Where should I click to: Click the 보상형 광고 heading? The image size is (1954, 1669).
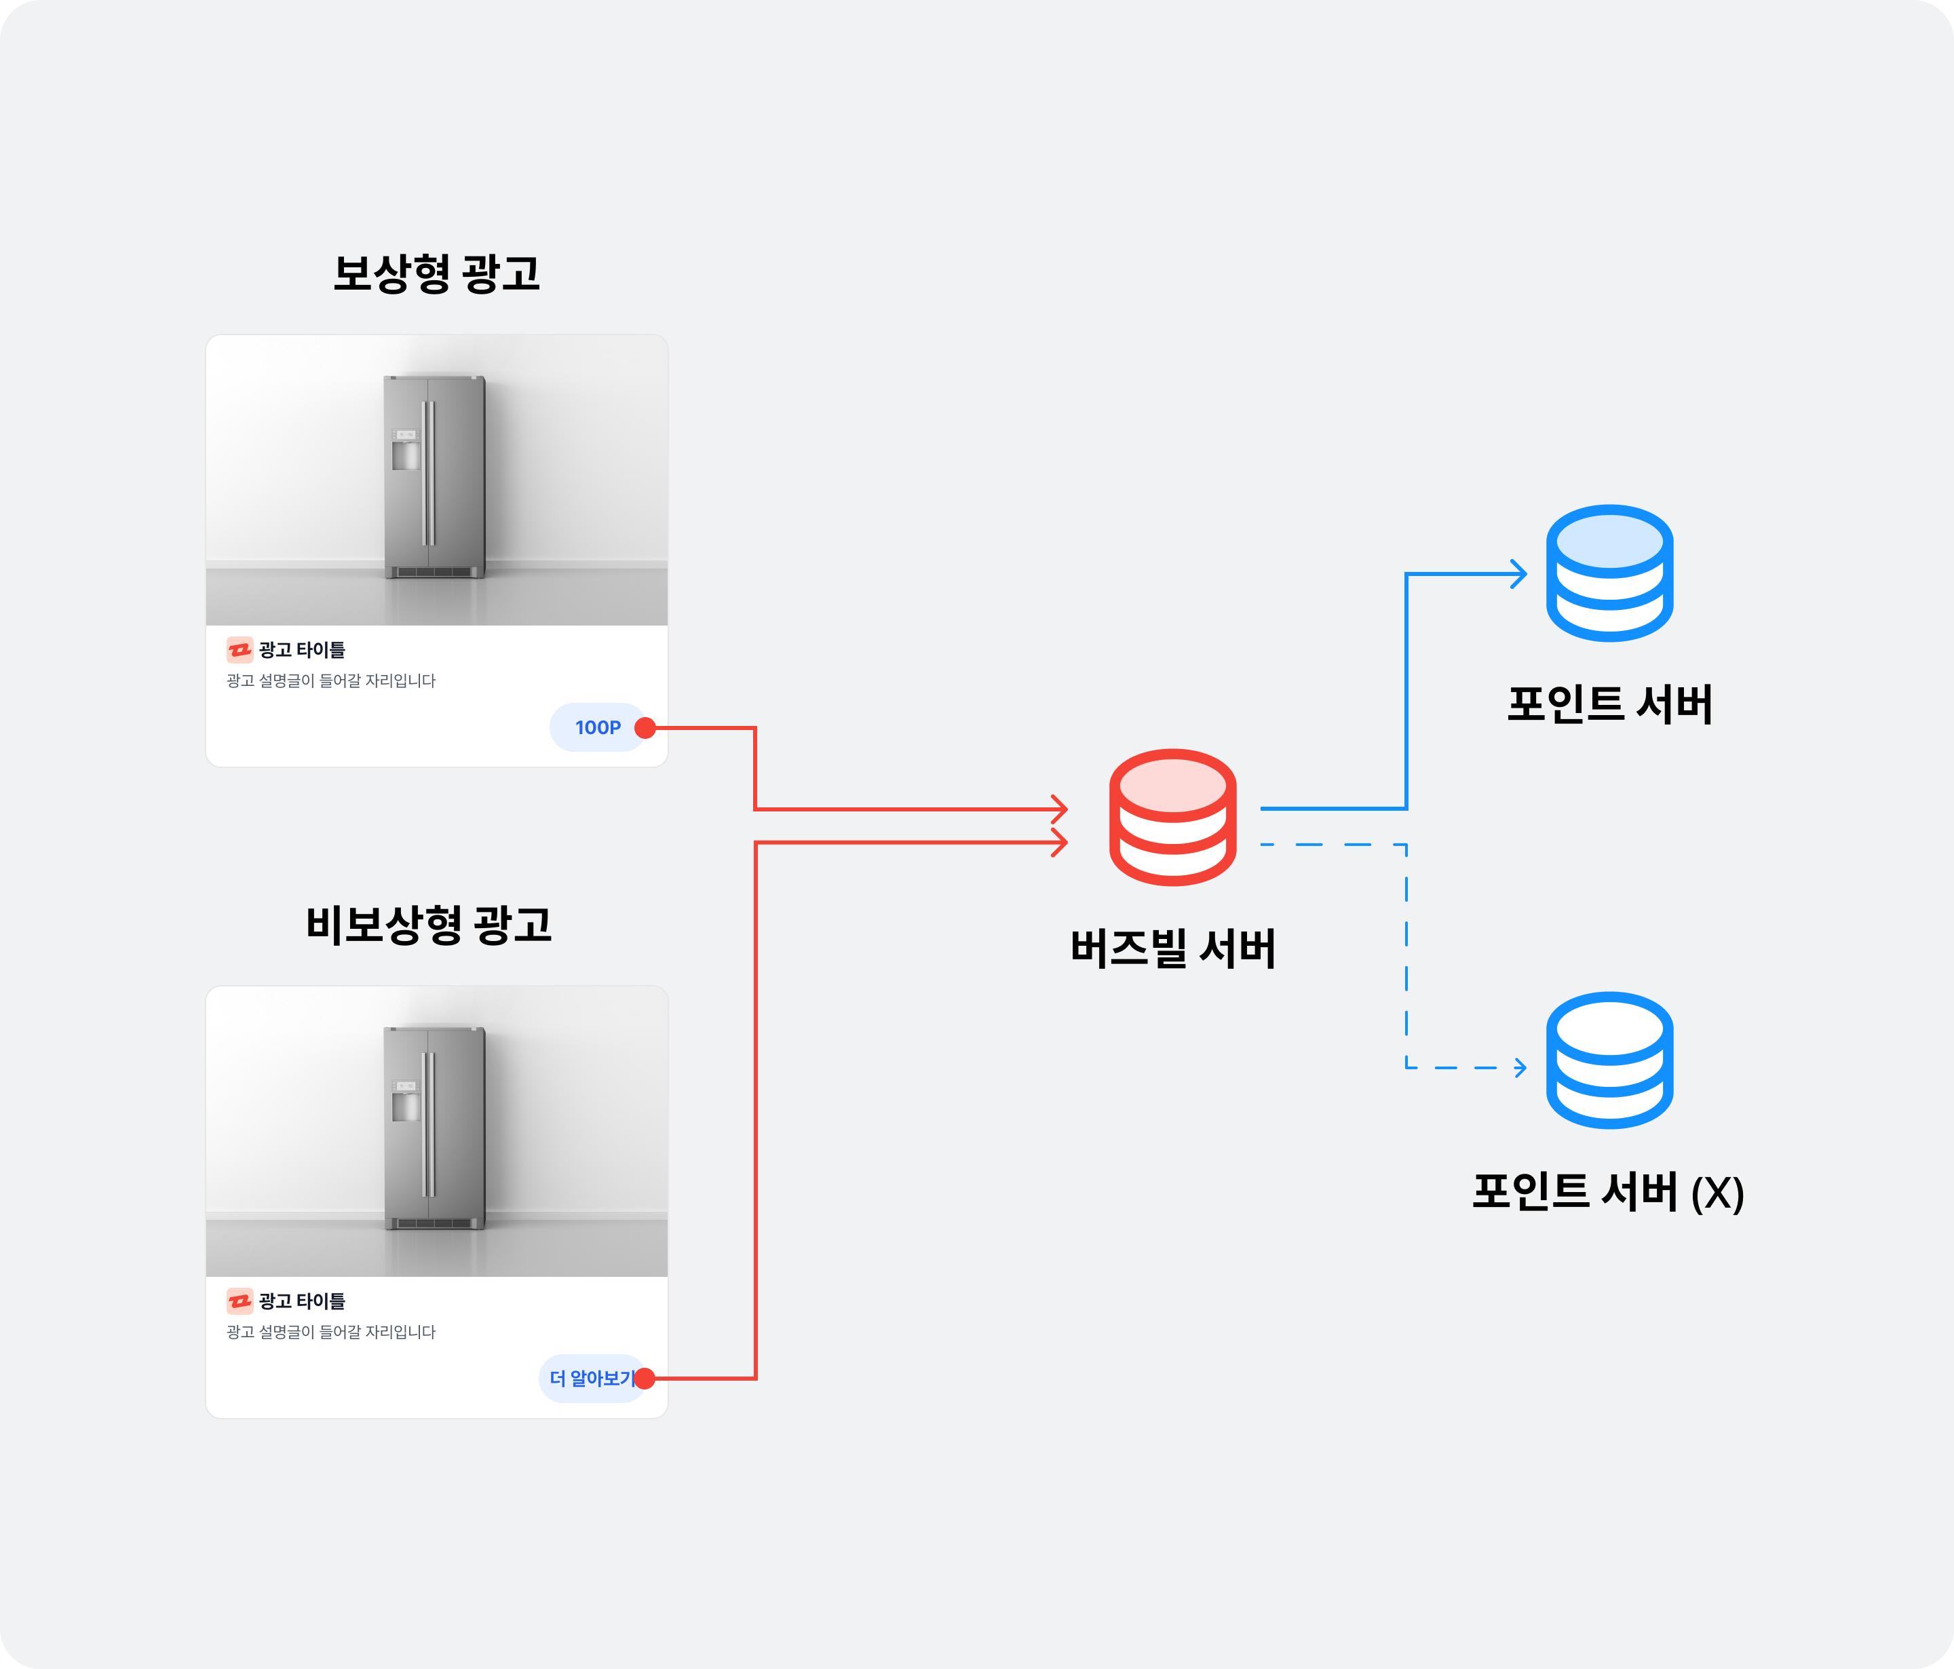tap(437, 273)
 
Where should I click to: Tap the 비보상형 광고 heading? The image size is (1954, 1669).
tap(428, 924)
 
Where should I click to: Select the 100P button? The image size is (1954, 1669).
tap(597, 727)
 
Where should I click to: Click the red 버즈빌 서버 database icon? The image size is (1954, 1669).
tap(1172, 817)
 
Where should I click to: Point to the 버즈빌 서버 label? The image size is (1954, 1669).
tap(1172, 948)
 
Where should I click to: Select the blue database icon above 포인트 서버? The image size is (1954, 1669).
tap(1609, 573)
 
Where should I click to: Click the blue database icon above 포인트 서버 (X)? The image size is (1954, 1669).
tap(1609, 1060)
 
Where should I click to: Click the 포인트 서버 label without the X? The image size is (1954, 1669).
tap(1609, 704)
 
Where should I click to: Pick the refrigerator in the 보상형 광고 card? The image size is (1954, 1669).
tap(434, 476)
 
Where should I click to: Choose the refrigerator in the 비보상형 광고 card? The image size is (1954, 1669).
tap(434, 1128)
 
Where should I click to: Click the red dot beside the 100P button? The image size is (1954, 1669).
tap(645, 728)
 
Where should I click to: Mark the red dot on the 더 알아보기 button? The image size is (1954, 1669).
tap(645, 1379)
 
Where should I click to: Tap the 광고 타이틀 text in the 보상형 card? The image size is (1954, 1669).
tap(302, 650)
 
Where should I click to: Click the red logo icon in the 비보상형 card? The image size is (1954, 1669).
tap(240, 1301)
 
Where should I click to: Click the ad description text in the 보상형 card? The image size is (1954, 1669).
tap(331, 680)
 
